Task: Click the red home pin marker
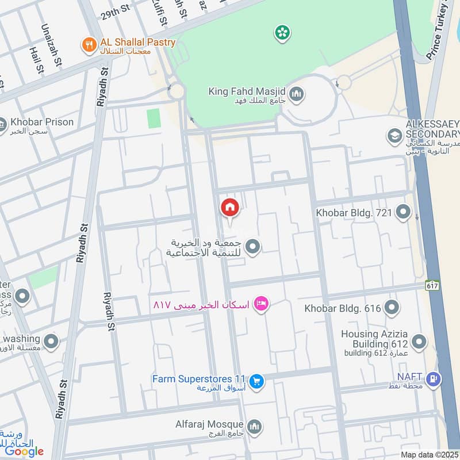pos(229,208)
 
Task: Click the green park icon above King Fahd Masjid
pos(282,32)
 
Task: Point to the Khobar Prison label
pos(41,122)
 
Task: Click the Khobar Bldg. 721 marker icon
pos(403,213)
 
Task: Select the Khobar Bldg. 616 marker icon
pos(392,308)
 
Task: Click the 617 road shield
pos(432,285)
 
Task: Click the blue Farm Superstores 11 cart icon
pos(256,380)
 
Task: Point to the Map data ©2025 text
pos(430,454)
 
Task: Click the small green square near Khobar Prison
pos(154,118)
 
